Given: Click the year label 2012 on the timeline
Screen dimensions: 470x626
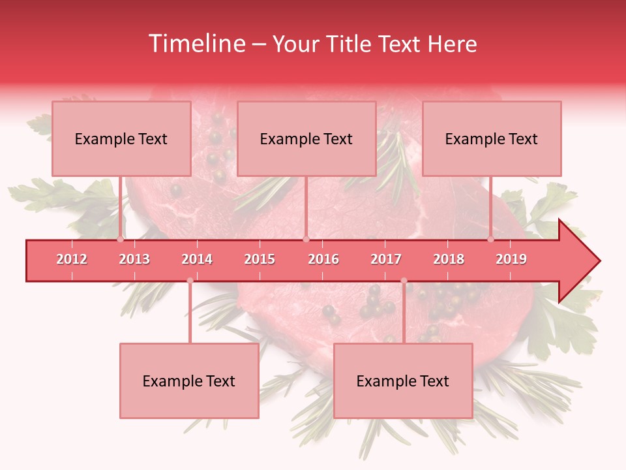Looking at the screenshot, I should click(72, 259).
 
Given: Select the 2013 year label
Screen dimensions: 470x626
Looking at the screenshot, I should click(134, 259).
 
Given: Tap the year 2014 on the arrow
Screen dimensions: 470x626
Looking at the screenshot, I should click(197, 259).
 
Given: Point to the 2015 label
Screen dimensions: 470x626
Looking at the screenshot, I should click(260, 259).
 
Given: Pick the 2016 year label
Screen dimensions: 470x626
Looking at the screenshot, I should click(323, 259).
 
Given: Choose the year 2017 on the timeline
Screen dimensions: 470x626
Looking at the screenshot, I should click(386, 259).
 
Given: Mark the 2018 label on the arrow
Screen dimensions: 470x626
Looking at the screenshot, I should click(449, 259).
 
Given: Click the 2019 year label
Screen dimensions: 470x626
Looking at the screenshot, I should click(511, 259).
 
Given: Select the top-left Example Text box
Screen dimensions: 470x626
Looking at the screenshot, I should click(121, 138).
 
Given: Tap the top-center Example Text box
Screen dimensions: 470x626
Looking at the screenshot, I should click(306, 138).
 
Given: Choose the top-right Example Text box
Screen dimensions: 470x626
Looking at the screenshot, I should click(492, 138).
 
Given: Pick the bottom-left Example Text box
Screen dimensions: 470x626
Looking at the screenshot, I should click(189, 381).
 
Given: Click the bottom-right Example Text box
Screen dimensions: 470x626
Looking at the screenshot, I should click(403, 381).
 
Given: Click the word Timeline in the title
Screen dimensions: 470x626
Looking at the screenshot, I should click(196, 44).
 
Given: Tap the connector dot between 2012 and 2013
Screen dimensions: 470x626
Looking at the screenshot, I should click(121, 240).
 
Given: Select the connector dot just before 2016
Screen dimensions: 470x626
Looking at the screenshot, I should click(306, 240).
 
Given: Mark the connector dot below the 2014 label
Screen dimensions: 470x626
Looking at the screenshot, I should click(190, 281).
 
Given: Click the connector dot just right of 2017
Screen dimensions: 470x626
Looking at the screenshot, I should click(404, 281).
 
